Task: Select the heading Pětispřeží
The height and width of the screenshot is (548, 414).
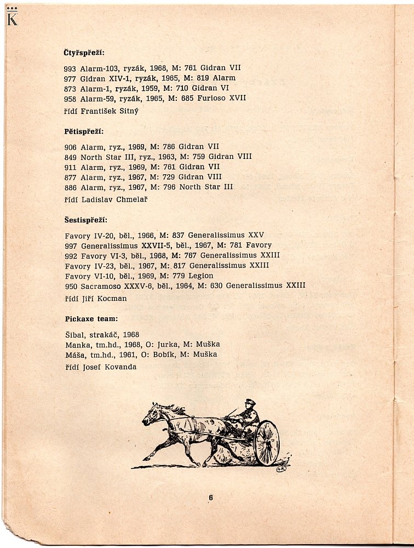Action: (84, 132)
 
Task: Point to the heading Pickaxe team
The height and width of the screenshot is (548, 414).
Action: (91, 318)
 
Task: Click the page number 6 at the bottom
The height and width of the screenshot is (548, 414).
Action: (210, 497)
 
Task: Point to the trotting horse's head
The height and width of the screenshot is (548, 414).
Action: (151, 415)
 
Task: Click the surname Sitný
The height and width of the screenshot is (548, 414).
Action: (127, 111)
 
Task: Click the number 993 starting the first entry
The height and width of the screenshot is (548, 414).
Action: (71, 68)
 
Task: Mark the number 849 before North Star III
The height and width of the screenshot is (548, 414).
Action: (71, 157)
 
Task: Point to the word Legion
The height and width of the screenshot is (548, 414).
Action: (200, 276)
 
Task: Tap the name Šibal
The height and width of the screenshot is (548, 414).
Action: (74, 334)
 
